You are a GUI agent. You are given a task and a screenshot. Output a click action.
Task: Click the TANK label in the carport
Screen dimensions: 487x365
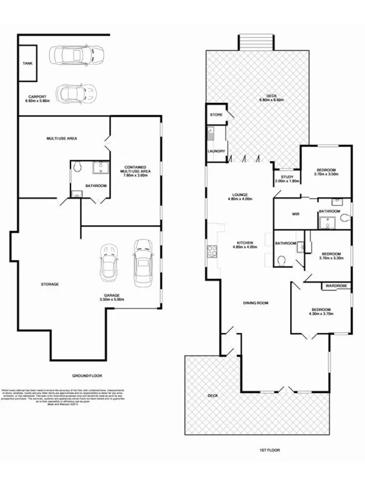[x=27, y=63]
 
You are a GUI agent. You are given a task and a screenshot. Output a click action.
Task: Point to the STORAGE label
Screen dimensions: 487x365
[x=49, y=284]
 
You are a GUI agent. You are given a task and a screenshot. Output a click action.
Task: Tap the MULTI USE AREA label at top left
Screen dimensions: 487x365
[x=62, y=139]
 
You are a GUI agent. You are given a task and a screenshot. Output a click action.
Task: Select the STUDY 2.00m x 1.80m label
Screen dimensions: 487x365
[x=287, y=180]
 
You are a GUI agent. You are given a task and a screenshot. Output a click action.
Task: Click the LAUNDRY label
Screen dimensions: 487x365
[x=217, y=152]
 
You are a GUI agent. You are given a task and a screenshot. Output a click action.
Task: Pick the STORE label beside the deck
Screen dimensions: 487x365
[x=216, y=114]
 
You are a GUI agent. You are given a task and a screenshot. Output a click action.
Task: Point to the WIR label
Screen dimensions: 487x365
[x=296, y=214]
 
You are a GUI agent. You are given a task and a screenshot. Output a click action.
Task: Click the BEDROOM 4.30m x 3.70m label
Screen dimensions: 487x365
[x=321, y=311]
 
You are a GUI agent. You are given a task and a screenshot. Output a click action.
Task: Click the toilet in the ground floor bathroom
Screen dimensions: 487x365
[x=77, y=166]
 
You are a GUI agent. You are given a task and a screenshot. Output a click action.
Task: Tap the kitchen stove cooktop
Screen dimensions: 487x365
[x=212, y=251]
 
